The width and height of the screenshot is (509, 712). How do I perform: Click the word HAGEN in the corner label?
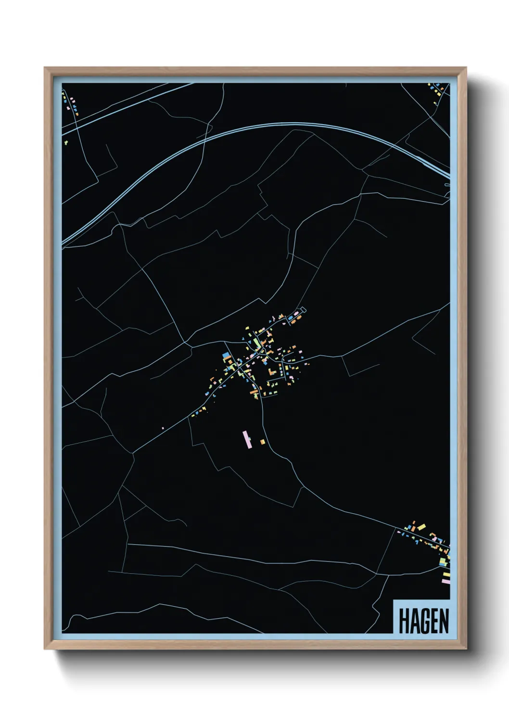tap(423, 621)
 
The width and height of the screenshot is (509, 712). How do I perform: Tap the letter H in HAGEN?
tap(403, 621)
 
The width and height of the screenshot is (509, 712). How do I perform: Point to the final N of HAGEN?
tap(444, 621)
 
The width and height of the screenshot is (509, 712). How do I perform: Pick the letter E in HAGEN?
tap(434, 621)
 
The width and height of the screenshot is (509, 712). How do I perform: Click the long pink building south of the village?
tap(247, 440)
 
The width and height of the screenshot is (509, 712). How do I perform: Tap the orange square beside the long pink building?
tap(262, 442)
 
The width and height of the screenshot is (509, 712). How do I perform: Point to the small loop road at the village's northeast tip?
tap(303, 309)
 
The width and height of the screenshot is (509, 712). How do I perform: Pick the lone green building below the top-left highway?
tap(66, 142)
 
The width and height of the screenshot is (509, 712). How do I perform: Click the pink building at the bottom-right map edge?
tap(445, 581)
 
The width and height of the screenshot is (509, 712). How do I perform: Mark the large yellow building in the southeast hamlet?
tap(421, 527)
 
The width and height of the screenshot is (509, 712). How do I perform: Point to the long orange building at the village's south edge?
tap(253, 394)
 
